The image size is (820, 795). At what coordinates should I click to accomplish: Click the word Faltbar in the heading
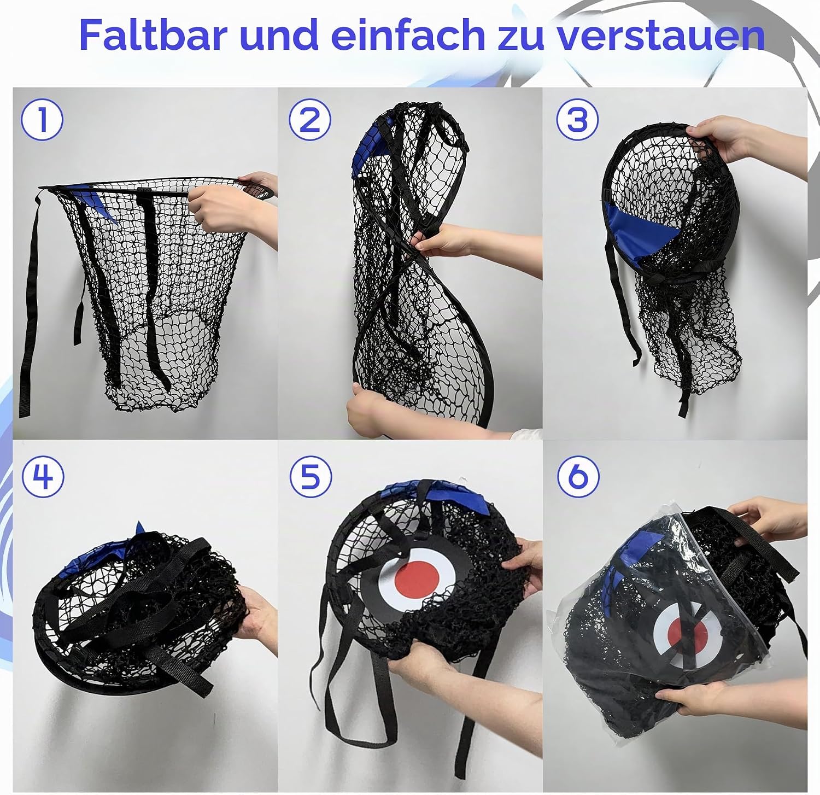tap(153, 35)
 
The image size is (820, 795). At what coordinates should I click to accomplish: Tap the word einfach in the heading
tap(408, 35)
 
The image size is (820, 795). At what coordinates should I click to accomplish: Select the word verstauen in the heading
tap(661, 36)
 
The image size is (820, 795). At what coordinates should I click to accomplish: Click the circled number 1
tap(42, 120)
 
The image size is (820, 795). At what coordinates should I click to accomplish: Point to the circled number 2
tap(310, 120)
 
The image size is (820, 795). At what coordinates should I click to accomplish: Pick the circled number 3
tap(577, 120)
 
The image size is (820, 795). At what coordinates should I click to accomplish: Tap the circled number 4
tap(43, 476)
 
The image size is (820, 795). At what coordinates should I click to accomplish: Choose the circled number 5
tap(311, 476)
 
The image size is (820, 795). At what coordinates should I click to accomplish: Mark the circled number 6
tap(578, 476)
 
